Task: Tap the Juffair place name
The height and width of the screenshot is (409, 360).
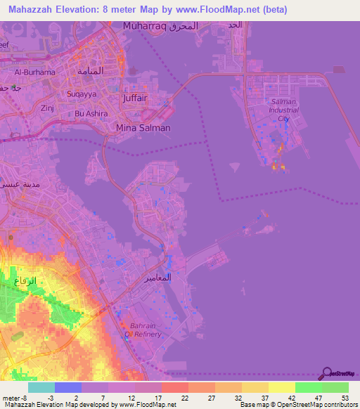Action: point(135,98)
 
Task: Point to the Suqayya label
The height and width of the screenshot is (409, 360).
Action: point(81,92)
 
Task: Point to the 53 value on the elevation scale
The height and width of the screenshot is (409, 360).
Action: point(345,398)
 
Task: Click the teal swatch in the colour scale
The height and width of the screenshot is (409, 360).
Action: point(41,387)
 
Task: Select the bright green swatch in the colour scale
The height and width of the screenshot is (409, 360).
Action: point(309,387)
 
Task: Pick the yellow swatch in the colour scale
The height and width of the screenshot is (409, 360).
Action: point(282,387)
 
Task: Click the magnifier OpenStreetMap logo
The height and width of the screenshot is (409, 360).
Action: point(326,375)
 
